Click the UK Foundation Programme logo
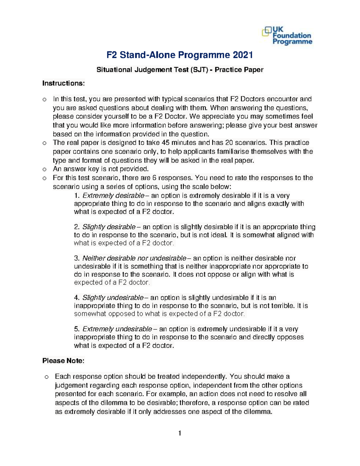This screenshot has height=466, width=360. click(287, 36)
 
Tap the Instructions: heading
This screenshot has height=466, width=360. click(63, 83)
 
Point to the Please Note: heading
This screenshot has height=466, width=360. click(63, 361)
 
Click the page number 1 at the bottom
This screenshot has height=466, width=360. click(180, 433)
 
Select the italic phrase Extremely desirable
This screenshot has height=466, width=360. click(113, 196)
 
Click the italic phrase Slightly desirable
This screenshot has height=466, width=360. click(109, 227)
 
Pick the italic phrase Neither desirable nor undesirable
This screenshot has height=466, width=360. click(134, 258)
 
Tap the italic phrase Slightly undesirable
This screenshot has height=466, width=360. click(113, 298)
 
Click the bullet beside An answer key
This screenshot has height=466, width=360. click(44, 169)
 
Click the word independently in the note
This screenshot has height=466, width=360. click(204, 377)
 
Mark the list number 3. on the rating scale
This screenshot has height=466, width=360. click(77, 258)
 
